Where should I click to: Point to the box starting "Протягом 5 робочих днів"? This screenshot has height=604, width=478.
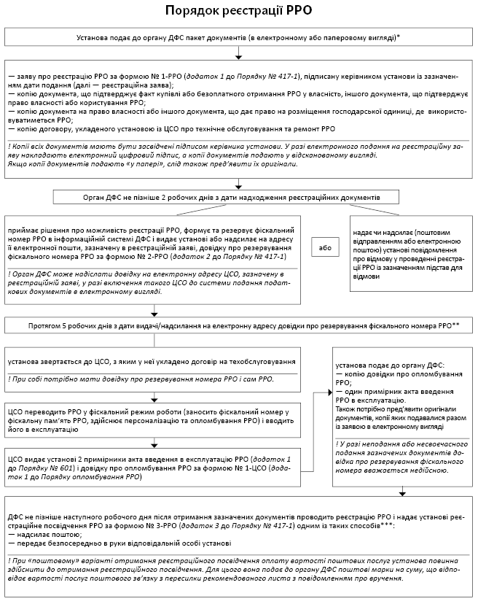pos(238,322)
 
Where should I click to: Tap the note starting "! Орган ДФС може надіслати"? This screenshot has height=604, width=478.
pos(146,282)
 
